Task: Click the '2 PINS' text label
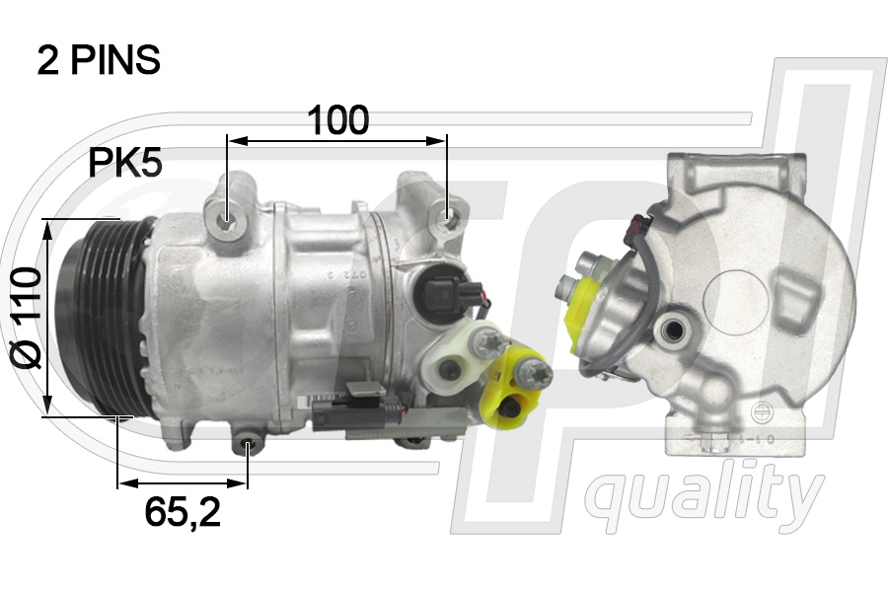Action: [99, 60]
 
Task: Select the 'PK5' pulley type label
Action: [125, 163]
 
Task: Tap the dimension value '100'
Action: [337, 120]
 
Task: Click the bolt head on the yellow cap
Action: [538, 373]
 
